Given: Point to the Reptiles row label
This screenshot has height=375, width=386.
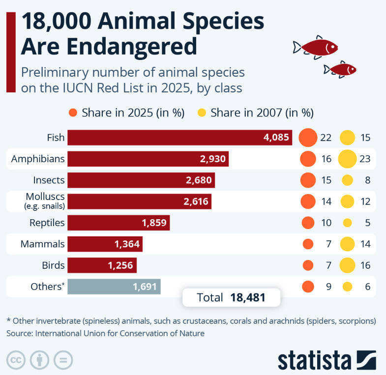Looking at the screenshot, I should click(47, 223).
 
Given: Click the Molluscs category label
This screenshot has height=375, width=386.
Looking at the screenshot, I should click(45, 198).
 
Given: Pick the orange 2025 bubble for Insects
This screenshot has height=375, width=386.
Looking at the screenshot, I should click(308, 180).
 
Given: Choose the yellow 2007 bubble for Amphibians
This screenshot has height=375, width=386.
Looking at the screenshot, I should click(347, 159).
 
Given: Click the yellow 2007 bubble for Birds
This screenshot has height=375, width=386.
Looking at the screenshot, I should click(347, 265).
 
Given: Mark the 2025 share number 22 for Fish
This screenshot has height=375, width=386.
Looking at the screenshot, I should click(326, 138).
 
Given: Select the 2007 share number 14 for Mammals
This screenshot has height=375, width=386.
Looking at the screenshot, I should click(365, 244).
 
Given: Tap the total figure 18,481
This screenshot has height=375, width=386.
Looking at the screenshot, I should click(248, 297).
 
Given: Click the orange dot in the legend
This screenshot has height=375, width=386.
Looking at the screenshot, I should click(73, 113).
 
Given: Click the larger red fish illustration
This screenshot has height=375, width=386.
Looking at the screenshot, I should click(317, 47).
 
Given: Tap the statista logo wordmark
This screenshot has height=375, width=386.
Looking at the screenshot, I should click(315, 360).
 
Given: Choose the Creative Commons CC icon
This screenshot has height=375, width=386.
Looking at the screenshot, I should click(16, 360).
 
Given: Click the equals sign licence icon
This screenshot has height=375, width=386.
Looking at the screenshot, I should click(63, 360).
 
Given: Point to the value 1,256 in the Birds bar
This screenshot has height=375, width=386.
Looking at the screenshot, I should click(120, 265).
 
